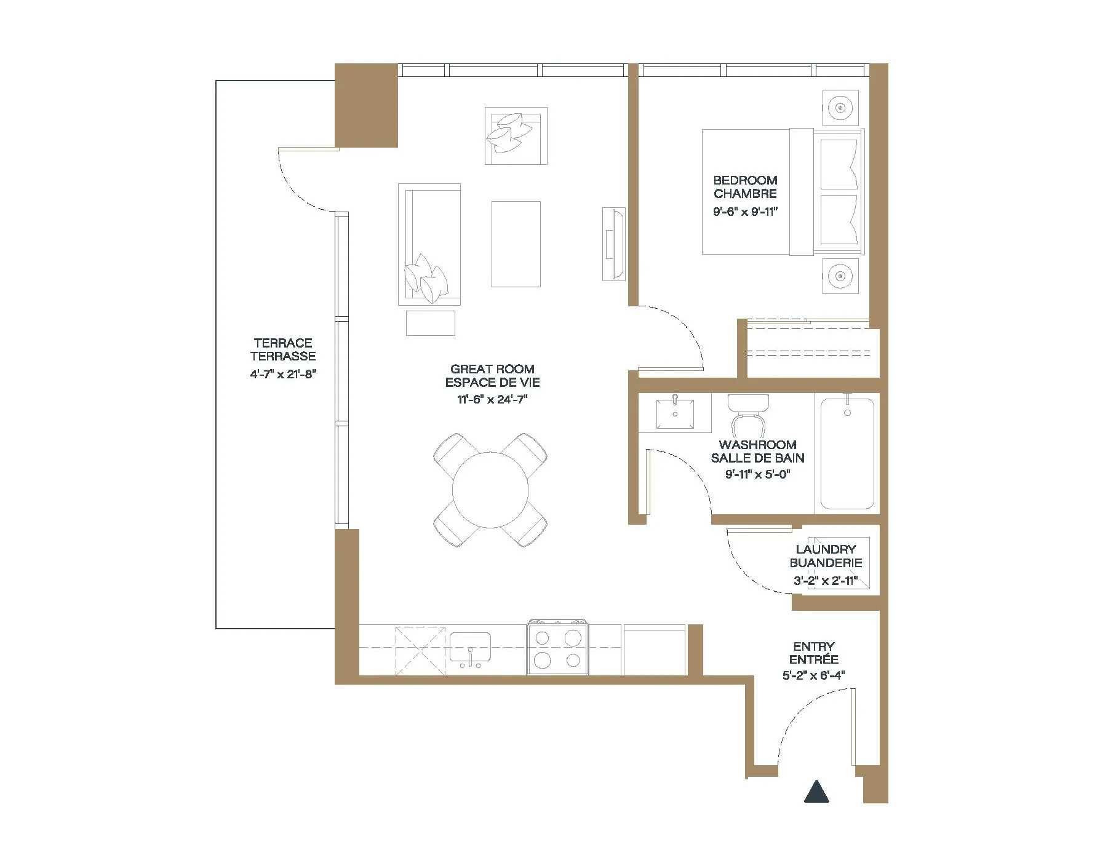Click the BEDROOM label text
[x=745, y=180]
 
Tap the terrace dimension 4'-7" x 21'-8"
[x=283, y=374]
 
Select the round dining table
[x=490, y=490]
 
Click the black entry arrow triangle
[x=816, y=791]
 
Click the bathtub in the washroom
[x=847, y=454]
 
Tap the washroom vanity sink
[x=675, y=413]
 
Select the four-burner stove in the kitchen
[x=557, y=648]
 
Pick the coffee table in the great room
[x=516, y=244]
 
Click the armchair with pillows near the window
[x=516, y=135]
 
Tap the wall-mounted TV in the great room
[x=613, y=244]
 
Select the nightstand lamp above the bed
[x=840, y=108]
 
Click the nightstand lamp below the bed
[x=840, y=276]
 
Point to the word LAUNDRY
[x=826, y=549]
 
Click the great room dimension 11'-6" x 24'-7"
[x=492, y=399]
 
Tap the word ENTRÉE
[x=813, y=659]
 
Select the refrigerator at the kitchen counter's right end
[x=655, y=650]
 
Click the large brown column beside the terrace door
[x=366, y=105]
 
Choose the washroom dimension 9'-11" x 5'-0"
[x=758, y=474]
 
